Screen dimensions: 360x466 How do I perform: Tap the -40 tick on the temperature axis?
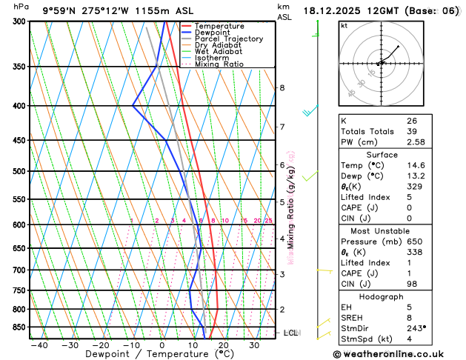point(39,345)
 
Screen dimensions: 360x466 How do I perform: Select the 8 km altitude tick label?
point(282,88)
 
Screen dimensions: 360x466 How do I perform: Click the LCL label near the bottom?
point(291,333)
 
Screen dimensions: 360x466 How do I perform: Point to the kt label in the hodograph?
point(344,25)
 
